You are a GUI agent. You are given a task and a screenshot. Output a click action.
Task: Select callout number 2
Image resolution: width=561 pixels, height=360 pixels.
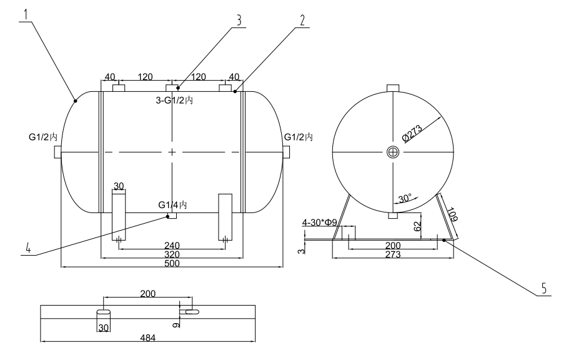point(302,19)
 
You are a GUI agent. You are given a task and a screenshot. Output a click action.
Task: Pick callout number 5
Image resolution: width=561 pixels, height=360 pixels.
point(544,289)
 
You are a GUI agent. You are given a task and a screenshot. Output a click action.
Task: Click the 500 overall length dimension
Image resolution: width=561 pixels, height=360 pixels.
point(172,264)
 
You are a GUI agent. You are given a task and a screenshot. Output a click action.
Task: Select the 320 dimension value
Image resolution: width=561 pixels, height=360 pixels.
point(172,255)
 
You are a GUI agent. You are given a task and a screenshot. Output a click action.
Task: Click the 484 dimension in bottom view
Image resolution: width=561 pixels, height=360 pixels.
point(148,338)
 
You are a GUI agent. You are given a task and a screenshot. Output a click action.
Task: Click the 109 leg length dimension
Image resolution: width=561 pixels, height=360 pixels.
point(453,216)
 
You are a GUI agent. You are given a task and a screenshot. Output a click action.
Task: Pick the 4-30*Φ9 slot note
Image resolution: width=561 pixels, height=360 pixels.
point(320,222)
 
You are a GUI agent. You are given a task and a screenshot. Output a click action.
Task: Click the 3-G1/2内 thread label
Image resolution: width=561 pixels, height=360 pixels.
point(174,101)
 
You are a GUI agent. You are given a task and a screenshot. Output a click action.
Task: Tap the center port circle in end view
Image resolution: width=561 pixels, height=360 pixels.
point(392,152)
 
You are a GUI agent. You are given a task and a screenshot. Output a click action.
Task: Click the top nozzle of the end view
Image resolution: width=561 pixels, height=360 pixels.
point(392,87)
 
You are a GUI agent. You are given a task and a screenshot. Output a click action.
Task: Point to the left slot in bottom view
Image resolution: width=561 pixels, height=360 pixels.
point(104,311)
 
